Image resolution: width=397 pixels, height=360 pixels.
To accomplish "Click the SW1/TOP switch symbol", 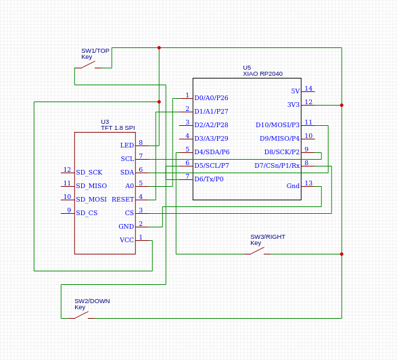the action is coord(88,65).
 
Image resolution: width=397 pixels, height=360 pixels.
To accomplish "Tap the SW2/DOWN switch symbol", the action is coord(81,315).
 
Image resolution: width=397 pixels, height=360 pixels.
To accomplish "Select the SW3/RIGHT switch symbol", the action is coord(257,251).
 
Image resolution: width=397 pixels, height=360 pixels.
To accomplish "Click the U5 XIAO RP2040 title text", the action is coord(262,70).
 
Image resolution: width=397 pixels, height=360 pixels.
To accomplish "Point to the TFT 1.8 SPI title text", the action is coord(118,128).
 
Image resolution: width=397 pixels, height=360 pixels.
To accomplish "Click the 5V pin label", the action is coord(296,91).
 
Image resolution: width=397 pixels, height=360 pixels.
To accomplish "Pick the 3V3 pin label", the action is coord(294,105).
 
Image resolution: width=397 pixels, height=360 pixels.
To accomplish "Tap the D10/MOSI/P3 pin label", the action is coord(277,125).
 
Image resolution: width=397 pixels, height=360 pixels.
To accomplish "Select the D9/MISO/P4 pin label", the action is coord(279,139).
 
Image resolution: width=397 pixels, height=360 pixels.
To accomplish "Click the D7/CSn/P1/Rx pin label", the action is coord(277,165).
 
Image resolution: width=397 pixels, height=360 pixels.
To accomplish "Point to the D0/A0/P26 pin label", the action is coord(211,98).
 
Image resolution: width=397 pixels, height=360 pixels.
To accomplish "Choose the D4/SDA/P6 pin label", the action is coord(212,152).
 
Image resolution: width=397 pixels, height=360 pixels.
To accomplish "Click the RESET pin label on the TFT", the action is coord(123,200).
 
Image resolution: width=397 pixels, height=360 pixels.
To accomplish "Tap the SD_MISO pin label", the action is coord(91,186).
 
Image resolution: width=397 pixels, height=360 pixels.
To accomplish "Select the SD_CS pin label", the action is coord(87,213).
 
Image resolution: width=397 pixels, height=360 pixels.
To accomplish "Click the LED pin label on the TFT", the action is coord(127,145).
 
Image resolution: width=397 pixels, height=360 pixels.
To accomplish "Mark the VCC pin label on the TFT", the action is coord(127,240).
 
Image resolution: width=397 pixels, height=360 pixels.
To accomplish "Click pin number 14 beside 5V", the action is coord(308,89).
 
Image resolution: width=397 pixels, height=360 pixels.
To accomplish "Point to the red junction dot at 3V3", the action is coord(342,105).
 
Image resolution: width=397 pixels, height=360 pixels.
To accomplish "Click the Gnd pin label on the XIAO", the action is coord(293,186).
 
